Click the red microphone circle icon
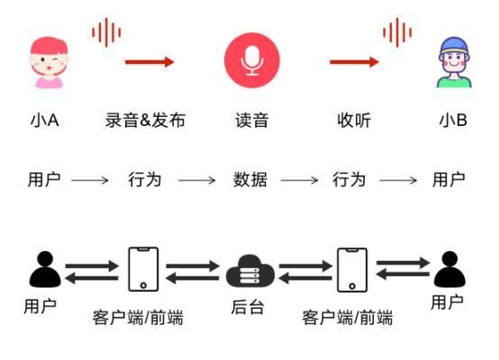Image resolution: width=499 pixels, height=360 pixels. [251, 60]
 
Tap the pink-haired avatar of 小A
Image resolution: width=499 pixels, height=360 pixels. [49, 62]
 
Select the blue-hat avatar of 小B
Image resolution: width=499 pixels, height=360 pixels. [454, 62]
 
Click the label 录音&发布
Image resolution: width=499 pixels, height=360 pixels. [145, 121]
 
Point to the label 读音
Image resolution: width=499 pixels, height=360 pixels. [251, 121]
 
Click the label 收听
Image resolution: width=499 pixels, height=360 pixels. [354, 121]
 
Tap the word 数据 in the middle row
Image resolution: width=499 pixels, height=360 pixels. [250, 180]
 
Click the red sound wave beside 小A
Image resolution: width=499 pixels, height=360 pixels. [106, 32]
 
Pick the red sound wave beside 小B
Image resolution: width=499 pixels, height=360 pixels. [397, 32]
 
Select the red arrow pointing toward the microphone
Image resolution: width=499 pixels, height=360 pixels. [150, 62]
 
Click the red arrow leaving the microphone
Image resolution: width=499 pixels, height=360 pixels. [354, 62]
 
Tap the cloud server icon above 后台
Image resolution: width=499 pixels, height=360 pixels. [250, 271]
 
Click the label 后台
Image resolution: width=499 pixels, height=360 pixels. [248, 307]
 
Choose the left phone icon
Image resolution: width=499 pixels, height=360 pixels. [143, 269]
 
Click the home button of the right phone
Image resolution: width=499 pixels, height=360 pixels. [352, 286]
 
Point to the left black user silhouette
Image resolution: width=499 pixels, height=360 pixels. [45, 269]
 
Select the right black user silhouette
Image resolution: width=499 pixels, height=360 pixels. [449, 269]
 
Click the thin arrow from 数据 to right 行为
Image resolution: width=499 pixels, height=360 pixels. [299, 180]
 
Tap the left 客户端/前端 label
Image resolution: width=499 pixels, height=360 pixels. [138, 318]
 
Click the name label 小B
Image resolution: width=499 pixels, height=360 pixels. [453, 121]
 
